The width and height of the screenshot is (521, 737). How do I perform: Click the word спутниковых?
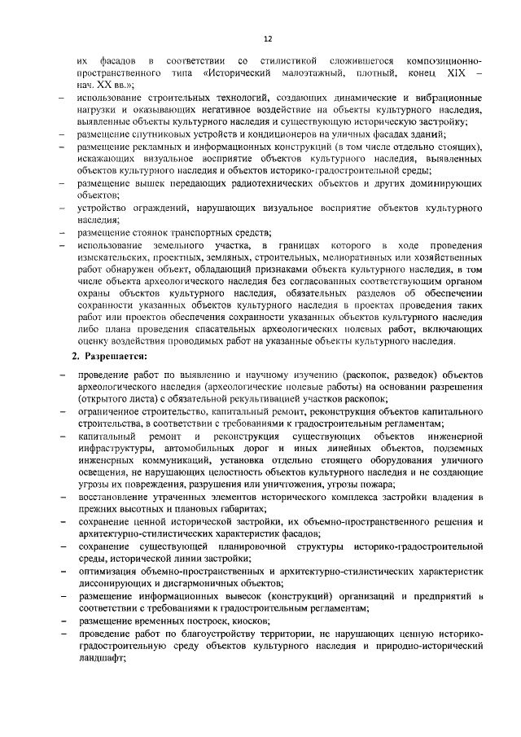point(160,134)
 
